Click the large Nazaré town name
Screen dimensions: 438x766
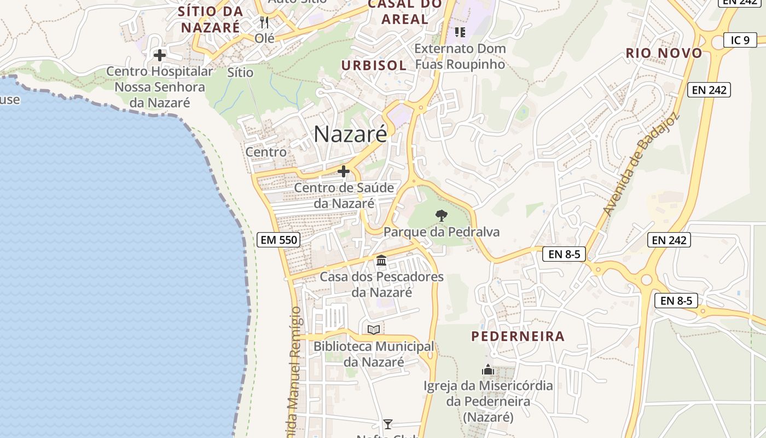point(350,134)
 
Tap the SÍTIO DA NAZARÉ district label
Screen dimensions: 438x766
point(211,19)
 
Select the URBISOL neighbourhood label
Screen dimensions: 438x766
point(374,65)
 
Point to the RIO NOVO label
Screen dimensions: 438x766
point(664,53)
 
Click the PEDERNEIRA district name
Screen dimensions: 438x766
point(518,336)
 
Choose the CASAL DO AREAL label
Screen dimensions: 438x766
point(405,11)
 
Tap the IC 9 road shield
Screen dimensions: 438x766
point(740,39)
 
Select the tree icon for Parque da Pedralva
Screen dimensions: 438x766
point(441,215)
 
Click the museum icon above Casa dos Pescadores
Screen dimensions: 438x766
point(381,260)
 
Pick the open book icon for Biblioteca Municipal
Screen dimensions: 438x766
point(374,330)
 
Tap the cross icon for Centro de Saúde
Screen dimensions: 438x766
point(344,171)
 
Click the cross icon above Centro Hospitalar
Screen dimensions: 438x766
point(159,55)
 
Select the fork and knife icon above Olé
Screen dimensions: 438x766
point(264,22)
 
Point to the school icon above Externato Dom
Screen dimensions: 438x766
point(460,32)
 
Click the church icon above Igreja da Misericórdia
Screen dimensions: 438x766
point(488,370)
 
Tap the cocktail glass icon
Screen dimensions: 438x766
point(388,424)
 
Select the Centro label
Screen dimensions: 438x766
point(266,152)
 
